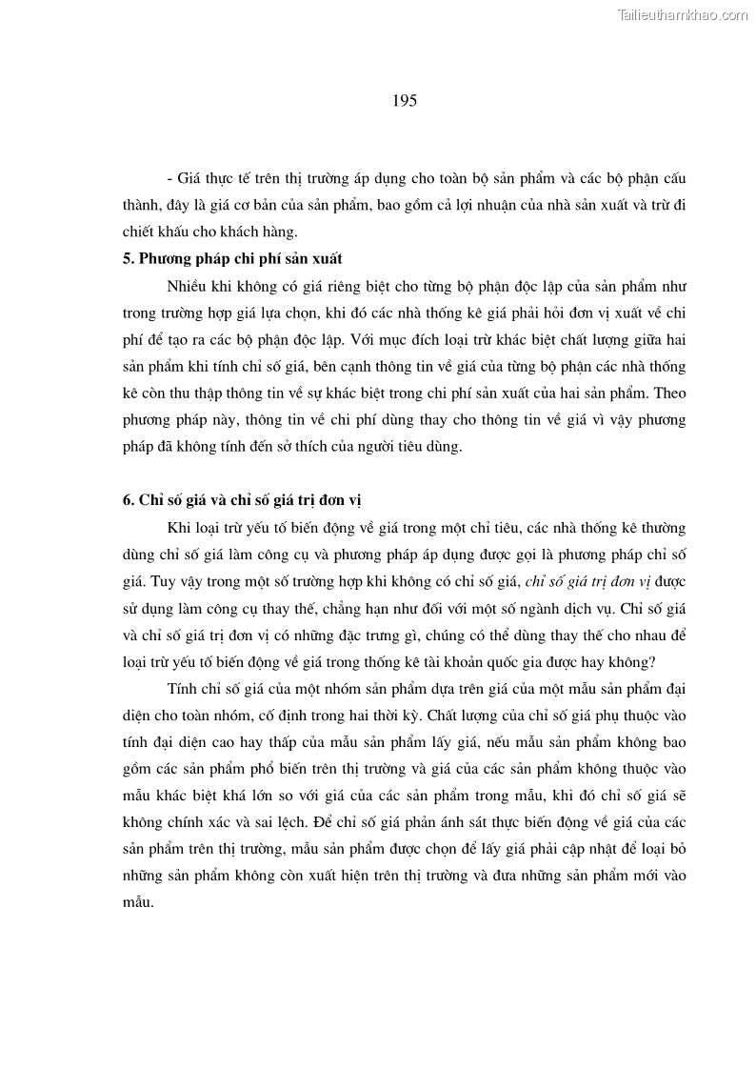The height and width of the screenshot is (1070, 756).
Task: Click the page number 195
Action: point(405,100)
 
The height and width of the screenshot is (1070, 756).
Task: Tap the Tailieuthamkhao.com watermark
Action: point(683,13)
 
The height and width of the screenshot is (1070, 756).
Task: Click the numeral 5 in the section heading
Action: point(127,258)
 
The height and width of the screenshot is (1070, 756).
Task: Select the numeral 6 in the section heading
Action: point(127,501)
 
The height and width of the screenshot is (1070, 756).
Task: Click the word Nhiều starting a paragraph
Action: point(187,285)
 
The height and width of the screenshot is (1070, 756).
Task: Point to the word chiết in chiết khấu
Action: point(140,232)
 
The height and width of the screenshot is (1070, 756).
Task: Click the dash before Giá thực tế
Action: point(169,178)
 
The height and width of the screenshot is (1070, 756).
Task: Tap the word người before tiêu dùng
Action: point(353,445)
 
